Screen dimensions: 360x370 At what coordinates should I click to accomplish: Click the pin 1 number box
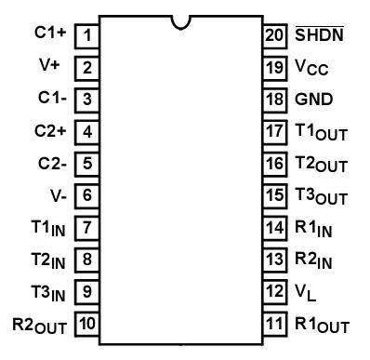[87, 36]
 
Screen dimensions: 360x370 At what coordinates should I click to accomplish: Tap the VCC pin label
[312, 68]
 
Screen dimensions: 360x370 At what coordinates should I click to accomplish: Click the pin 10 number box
[87, 325]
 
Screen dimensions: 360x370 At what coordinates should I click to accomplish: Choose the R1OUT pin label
[322, 326]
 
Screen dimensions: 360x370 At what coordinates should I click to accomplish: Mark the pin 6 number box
[87, 196]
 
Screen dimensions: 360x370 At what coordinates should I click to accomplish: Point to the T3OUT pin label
[322, 197]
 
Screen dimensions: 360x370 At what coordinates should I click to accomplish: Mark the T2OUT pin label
[322, 165]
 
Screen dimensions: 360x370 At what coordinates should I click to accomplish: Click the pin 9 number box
[87, 293]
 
